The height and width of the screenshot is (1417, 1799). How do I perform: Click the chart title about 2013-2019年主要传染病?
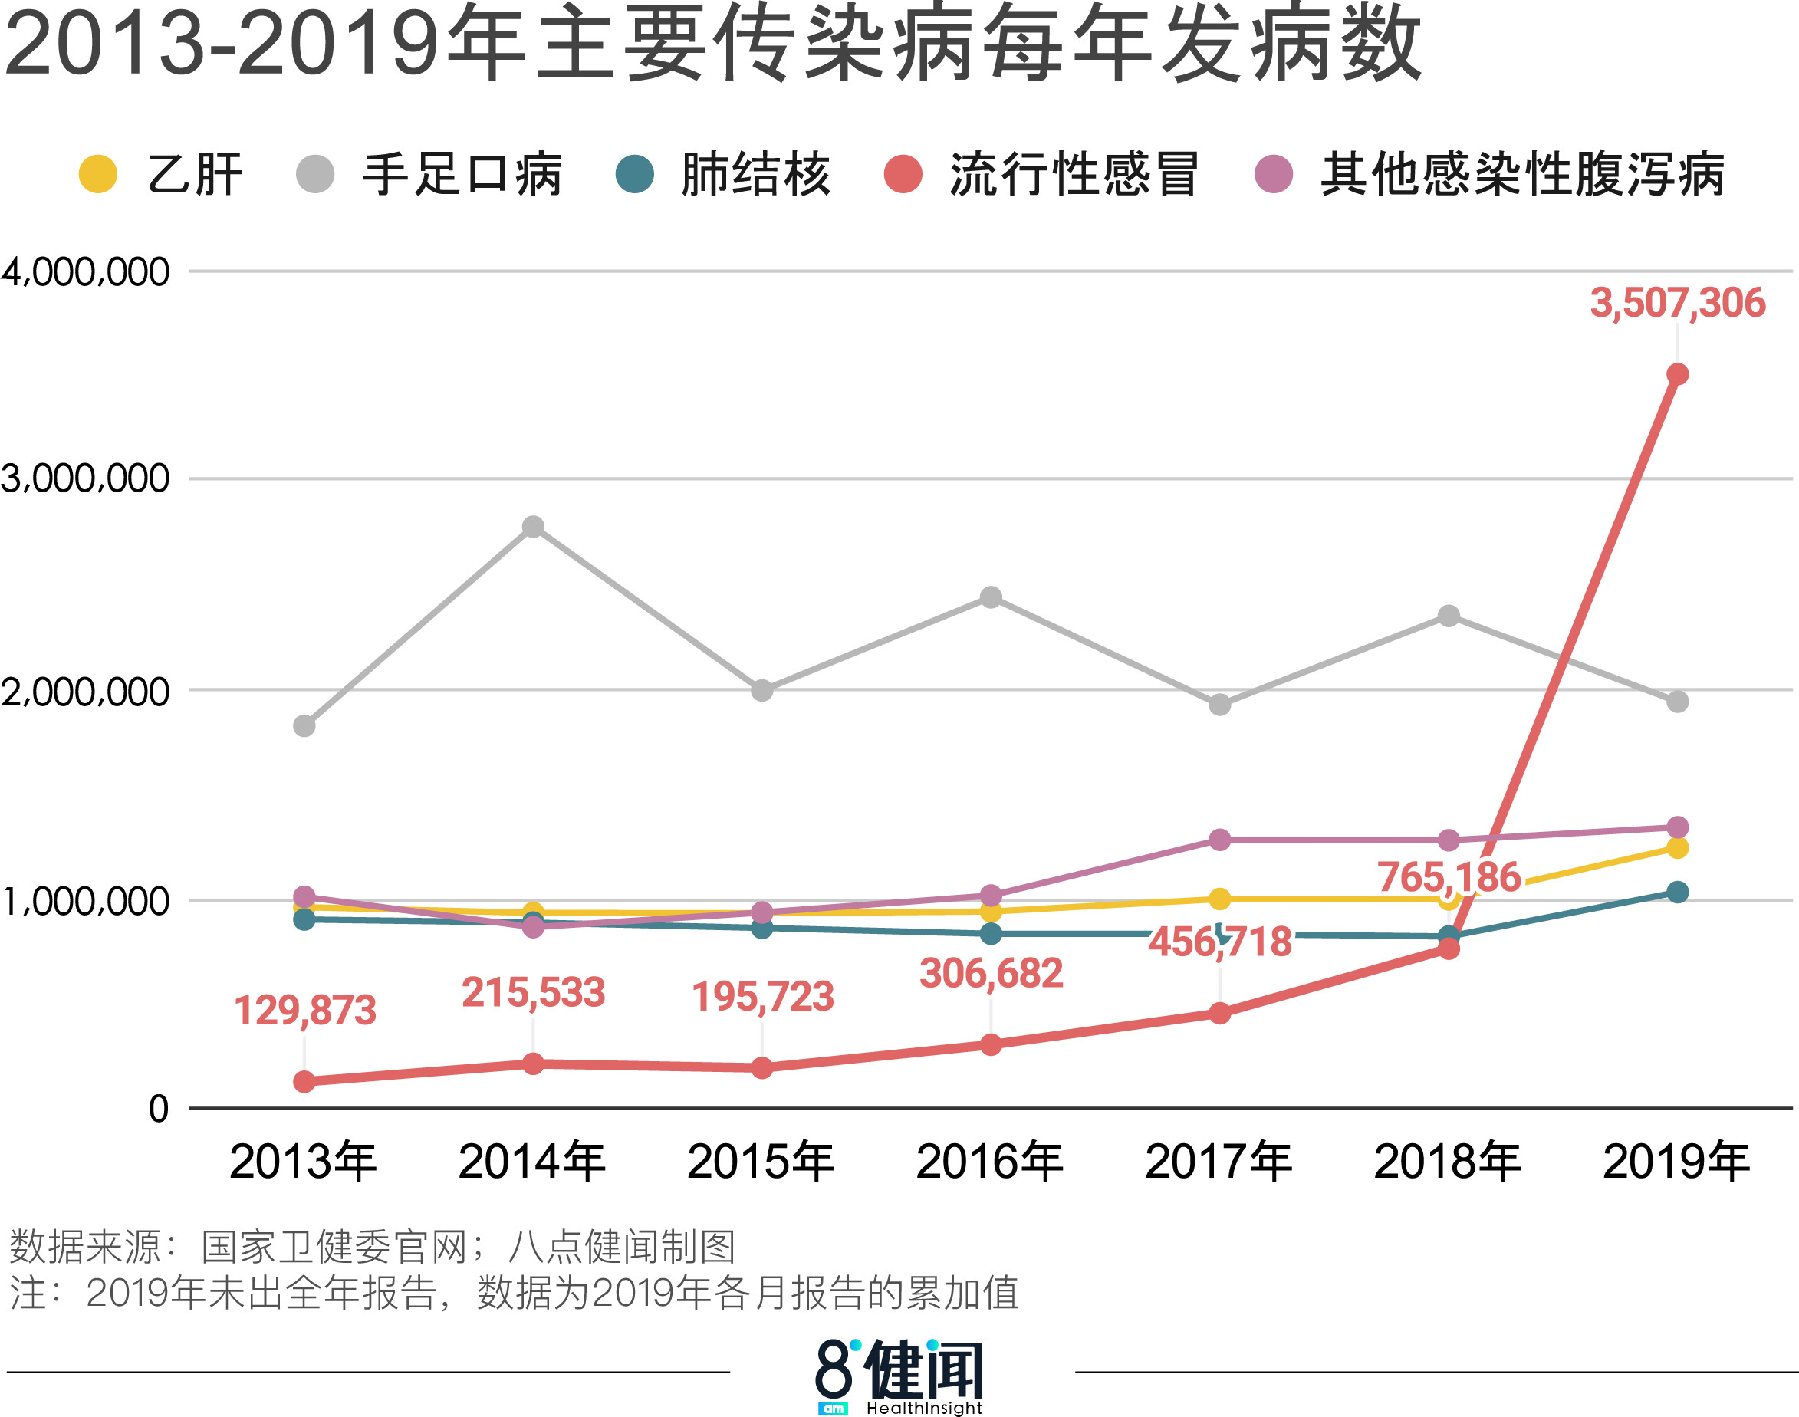tap(714, 43)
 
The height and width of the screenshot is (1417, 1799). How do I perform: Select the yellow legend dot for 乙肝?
tap(98, 174)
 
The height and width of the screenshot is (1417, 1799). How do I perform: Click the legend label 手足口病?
tap(462, 174)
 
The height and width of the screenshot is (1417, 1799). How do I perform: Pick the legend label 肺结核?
tap(755, 174)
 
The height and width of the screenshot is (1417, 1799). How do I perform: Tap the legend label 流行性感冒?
tap(1074, 174)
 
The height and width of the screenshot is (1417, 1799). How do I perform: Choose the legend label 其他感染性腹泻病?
tap(1523, 174)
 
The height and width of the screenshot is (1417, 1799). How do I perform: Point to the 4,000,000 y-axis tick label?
tap(85, 272)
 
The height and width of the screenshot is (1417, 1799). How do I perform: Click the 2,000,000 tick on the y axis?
tap(85, 692)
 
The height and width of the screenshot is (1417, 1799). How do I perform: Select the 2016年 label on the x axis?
tap(990, 1162)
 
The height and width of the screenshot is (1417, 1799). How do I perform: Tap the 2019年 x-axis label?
tap(1676, 1162)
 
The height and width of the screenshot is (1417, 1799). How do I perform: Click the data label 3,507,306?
tap(1677, 303)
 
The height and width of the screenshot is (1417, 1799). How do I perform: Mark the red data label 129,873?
tap(304, 1011)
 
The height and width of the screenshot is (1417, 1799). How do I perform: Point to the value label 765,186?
tap(1449, 877)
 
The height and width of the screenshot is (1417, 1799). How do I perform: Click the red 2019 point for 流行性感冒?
tap(1677, 374)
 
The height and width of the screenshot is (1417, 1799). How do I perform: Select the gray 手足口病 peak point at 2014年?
tap(533, 527)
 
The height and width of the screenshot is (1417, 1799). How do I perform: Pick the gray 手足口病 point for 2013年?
tap(304, 726)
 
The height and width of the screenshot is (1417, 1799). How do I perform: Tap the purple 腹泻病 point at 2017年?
tap(1219, 840)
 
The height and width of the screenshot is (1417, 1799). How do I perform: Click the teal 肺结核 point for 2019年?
tap(1677, 892)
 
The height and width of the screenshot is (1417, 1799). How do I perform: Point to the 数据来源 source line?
tap(372, 1246)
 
